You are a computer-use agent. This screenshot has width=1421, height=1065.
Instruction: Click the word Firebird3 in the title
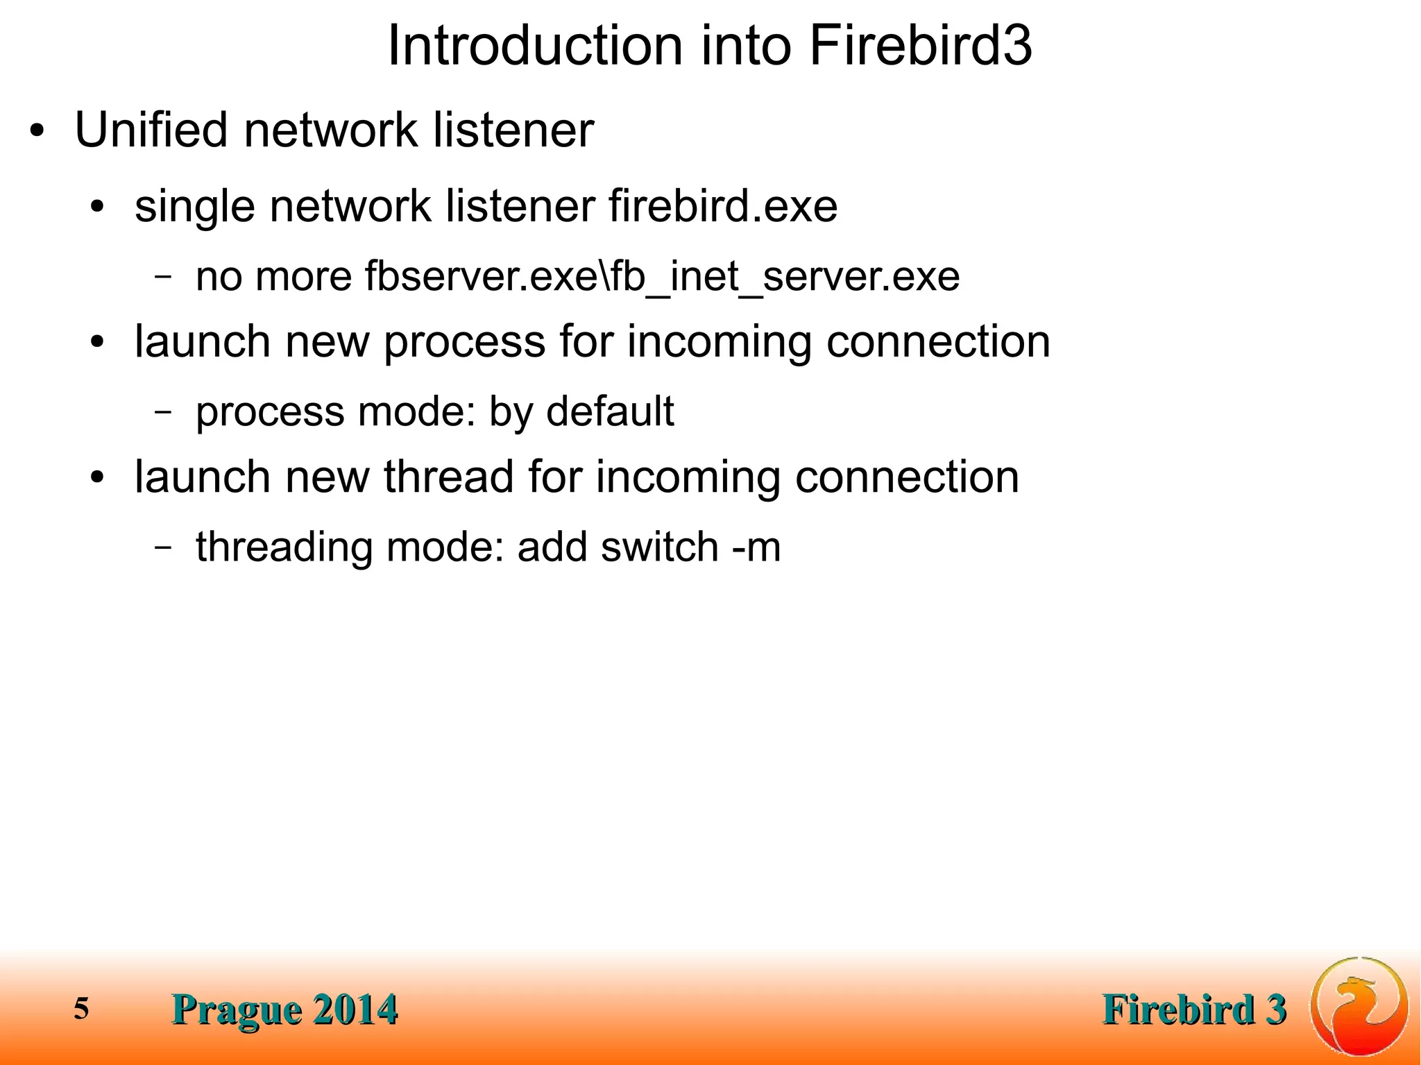click(x=920, y=46)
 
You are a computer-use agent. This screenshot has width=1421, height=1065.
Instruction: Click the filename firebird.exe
click(x=723, y=206)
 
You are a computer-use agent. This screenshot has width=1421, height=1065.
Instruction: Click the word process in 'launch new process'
click(x=464, y=342)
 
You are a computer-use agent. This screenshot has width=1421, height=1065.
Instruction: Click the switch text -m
click(x=756, y=547)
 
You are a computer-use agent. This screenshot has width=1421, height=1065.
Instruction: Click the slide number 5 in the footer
click(x=82, y=1008)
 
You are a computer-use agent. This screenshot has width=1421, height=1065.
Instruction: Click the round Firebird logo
click(x=1359, y=1006)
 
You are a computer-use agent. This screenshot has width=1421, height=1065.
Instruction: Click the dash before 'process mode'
click(x=163, y=411)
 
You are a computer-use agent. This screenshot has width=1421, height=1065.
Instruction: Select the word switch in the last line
click(x=659, y=547)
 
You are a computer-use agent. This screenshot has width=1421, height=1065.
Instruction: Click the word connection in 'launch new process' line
click(x=938, y=342)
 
